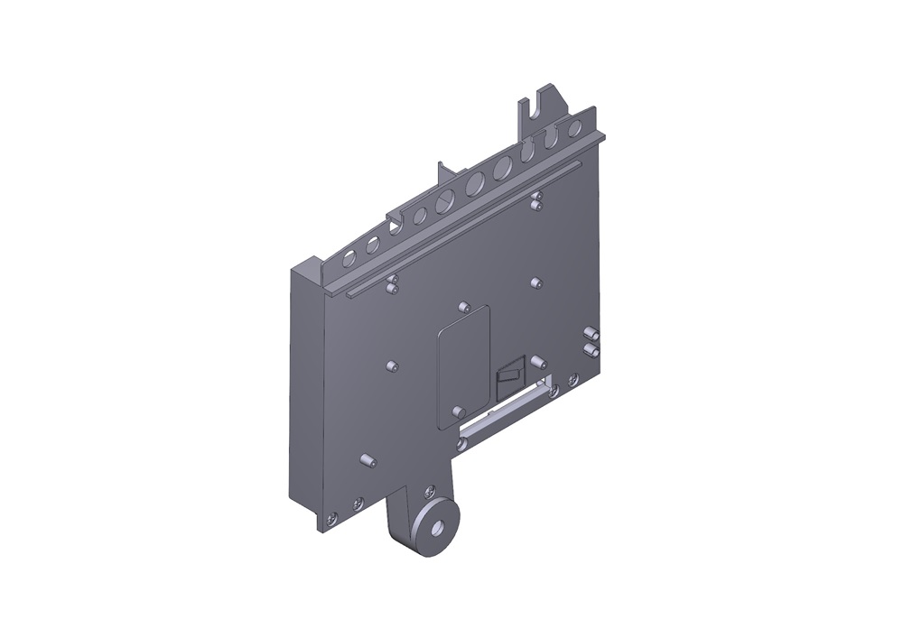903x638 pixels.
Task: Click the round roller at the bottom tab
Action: click(x=435, y=528)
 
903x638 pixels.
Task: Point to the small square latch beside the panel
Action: click(x=509, y=373)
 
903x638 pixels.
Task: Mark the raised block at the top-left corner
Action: click(x=307, y=268)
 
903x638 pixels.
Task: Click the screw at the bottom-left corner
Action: click(x=331, y=518)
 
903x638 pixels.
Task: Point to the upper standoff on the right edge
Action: click(x=590, y=334)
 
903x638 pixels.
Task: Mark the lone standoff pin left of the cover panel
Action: click(x=391, y=366)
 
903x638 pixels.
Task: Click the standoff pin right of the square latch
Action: click(x=537, y=361)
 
